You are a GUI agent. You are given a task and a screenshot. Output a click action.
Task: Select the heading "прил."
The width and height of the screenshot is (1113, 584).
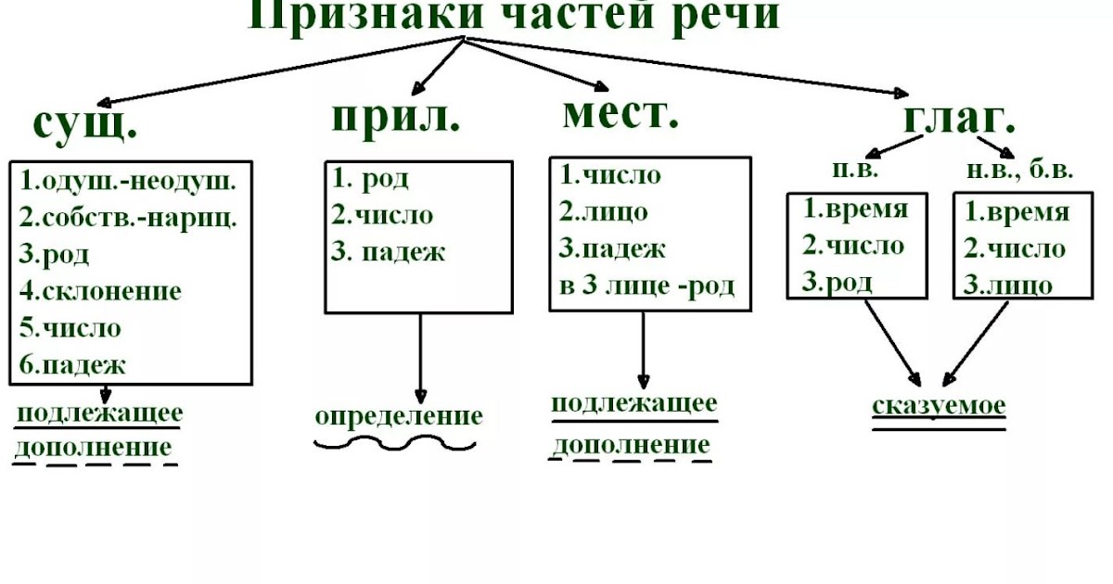point(396,118)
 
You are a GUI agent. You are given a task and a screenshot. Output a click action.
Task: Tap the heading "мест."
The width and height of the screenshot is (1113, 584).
point(620,113)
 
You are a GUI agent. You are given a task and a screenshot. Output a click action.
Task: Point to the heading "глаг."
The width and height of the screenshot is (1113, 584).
point(958,118)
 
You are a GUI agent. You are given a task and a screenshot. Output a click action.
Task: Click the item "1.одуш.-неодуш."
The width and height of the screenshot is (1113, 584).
point(128,181)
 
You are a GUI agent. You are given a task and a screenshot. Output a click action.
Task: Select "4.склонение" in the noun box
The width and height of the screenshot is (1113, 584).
point(100,291)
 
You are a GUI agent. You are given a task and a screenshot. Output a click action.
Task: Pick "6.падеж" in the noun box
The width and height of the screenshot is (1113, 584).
point(72,364)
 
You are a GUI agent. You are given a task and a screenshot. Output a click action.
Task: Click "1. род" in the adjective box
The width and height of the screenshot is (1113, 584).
point(371,179)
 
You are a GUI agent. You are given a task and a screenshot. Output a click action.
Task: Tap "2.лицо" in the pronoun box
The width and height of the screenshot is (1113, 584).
point(604,211)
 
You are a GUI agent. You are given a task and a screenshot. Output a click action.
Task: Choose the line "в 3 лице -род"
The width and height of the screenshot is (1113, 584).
point(646,286)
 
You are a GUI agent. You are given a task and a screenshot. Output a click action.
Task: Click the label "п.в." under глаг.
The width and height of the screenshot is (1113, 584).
point(852,171)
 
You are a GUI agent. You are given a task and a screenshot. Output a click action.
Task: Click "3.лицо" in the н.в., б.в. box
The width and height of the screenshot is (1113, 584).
point(1008,284)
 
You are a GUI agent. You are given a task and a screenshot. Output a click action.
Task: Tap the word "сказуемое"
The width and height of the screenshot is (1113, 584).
point(939,406)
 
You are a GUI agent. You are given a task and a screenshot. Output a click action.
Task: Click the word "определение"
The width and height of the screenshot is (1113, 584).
point(399,416)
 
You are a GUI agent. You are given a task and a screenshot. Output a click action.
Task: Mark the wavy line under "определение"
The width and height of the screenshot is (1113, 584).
point(395,444)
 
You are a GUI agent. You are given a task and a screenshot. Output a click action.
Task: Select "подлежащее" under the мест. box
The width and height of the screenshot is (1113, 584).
point(634,404)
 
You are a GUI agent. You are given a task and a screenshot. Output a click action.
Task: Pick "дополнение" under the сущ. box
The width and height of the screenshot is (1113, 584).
point(94,449)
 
